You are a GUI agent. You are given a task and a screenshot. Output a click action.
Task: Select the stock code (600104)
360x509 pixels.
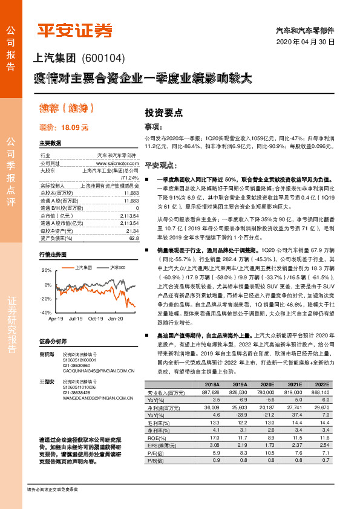coord(101,59)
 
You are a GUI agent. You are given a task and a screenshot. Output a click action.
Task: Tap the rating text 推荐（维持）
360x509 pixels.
coord(67,109)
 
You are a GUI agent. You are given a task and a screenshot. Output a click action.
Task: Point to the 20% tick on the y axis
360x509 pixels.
coord(47,270)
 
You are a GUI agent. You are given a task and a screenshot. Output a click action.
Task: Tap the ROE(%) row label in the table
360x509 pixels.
coord(157,436)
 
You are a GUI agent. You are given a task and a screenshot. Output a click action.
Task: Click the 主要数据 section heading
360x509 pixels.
coord(50,143)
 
